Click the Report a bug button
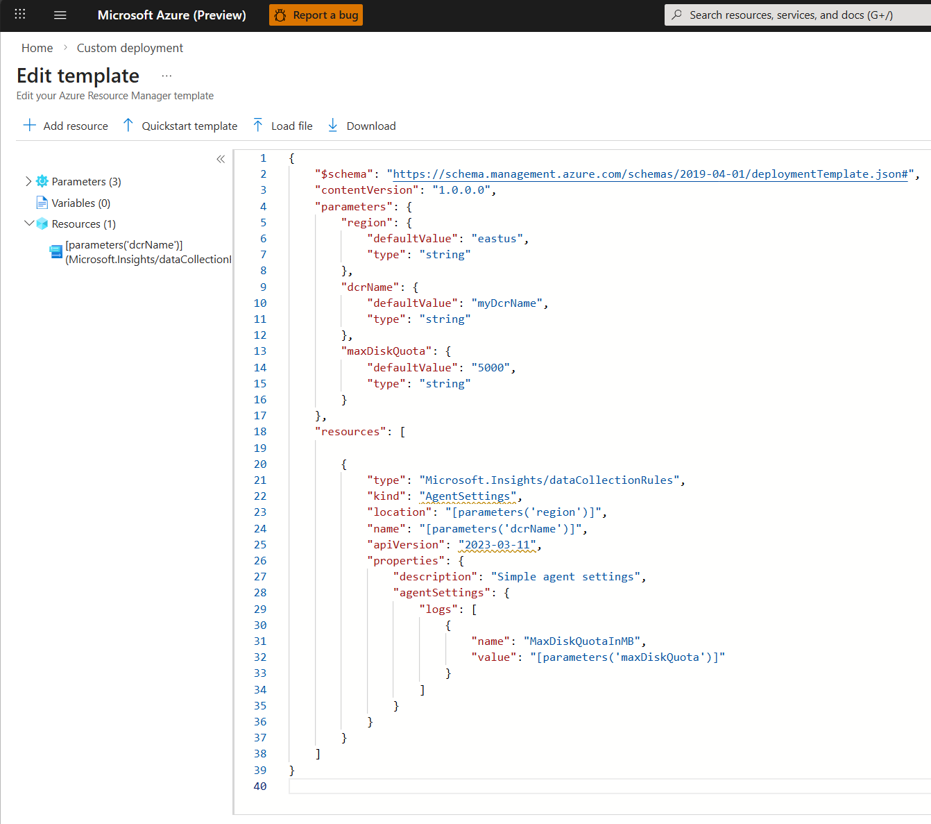(x=316, y=15)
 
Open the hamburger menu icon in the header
(x=60, y=15)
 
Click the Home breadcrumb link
(x=37, y=48)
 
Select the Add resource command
(x=66, y=126)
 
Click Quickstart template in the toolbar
(x=180, y=126)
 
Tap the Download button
(x=361, y=126)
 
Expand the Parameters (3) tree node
(x=28, y=181)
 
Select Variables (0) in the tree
(x=80, y=203)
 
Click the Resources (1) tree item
(x=83, y=224)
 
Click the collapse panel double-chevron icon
(x=221, y=159)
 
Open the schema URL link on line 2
(x=650, y=174)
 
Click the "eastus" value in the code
(x=497, y=239)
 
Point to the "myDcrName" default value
(x=506, y=303)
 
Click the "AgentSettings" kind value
(x=468, y=496)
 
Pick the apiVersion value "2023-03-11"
(x=497, y=545)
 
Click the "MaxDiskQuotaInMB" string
(x=581, y=641)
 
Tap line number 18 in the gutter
(x=260, y=432)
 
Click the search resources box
(x=798, y=15)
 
